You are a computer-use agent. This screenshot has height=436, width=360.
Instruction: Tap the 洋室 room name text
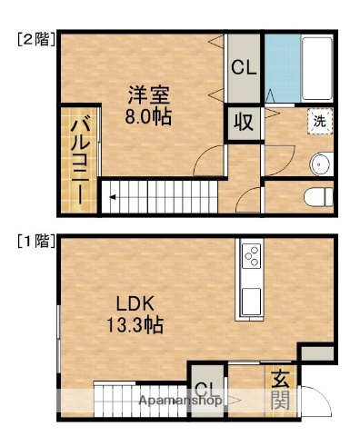click(x=148, y=94)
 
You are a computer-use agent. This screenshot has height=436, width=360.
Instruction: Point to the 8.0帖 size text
click(x=148, y=116)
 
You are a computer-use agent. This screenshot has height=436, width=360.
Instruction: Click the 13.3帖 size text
click(x=135, y=324)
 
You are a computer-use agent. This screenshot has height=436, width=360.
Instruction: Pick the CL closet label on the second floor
click(x=243, y=67)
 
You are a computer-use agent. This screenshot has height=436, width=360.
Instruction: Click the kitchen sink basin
click(x=251, y=300)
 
